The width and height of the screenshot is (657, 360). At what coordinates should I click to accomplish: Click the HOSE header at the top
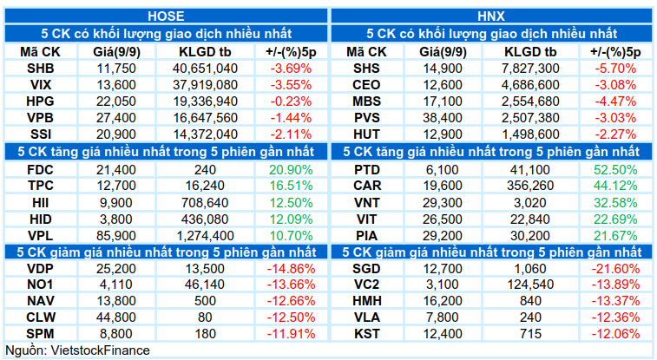[x=166, y=16]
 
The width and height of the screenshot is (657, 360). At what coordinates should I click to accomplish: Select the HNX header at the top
[x=491, y=16]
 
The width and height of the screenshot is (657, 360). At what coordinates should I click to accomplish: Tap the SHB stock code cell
[x=41, y=69]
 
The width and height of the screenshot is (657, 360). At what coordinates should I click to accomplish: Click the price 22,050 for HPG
[x=116, y=101]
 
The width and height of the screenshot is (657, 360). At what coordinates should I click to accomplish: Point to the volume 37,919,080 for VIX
[x=206, y=85]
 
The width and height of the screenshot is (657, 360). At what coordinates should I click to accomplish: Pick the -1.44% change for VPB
[x=291, y=118]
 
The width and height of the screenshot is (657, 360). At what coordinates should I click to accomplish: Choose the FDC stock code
[x=40, y=170]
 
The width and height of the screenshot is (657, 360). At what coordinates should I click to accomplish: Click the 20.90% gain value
[x=291, y=170]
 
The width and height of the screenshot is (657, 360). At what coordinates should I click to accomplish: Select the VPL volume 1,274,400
[x=206, y=236]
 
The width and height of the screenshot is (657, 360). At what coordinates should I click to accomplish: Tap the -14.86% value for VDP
[x=291, y=269]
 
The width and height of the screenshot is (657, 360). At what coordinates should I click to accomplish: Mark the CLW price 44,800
[x=116, y=317]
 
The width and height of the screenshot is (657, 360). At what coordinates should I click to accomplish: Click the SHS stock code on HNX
[x=366, y=69]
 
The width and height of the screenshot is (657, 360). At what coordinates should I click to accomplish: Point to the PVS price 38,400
[x=443, y=118]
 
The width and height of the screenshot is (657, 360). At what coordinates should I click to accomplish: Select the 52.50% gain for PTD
[x=615, y=170]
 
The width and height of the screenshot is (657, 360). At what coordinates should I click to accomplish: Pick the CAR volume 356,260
[x=530, y=186]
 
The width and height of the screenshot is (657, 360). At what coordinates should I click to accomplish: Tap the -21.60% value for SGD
[x=615, y=269]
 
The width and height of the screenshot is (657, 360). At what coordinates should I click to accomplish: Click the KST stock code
[x=366, y=334]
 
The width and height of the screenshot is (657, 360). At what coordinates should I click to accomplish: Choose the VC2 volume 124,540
[x=530, y=285]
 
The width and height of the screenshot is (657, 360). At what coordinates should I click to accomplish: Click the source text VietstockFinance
[x=100, y=350]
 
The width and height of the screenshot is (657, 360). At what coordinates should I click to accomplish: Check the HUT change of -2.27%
[x=615, y=134]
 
